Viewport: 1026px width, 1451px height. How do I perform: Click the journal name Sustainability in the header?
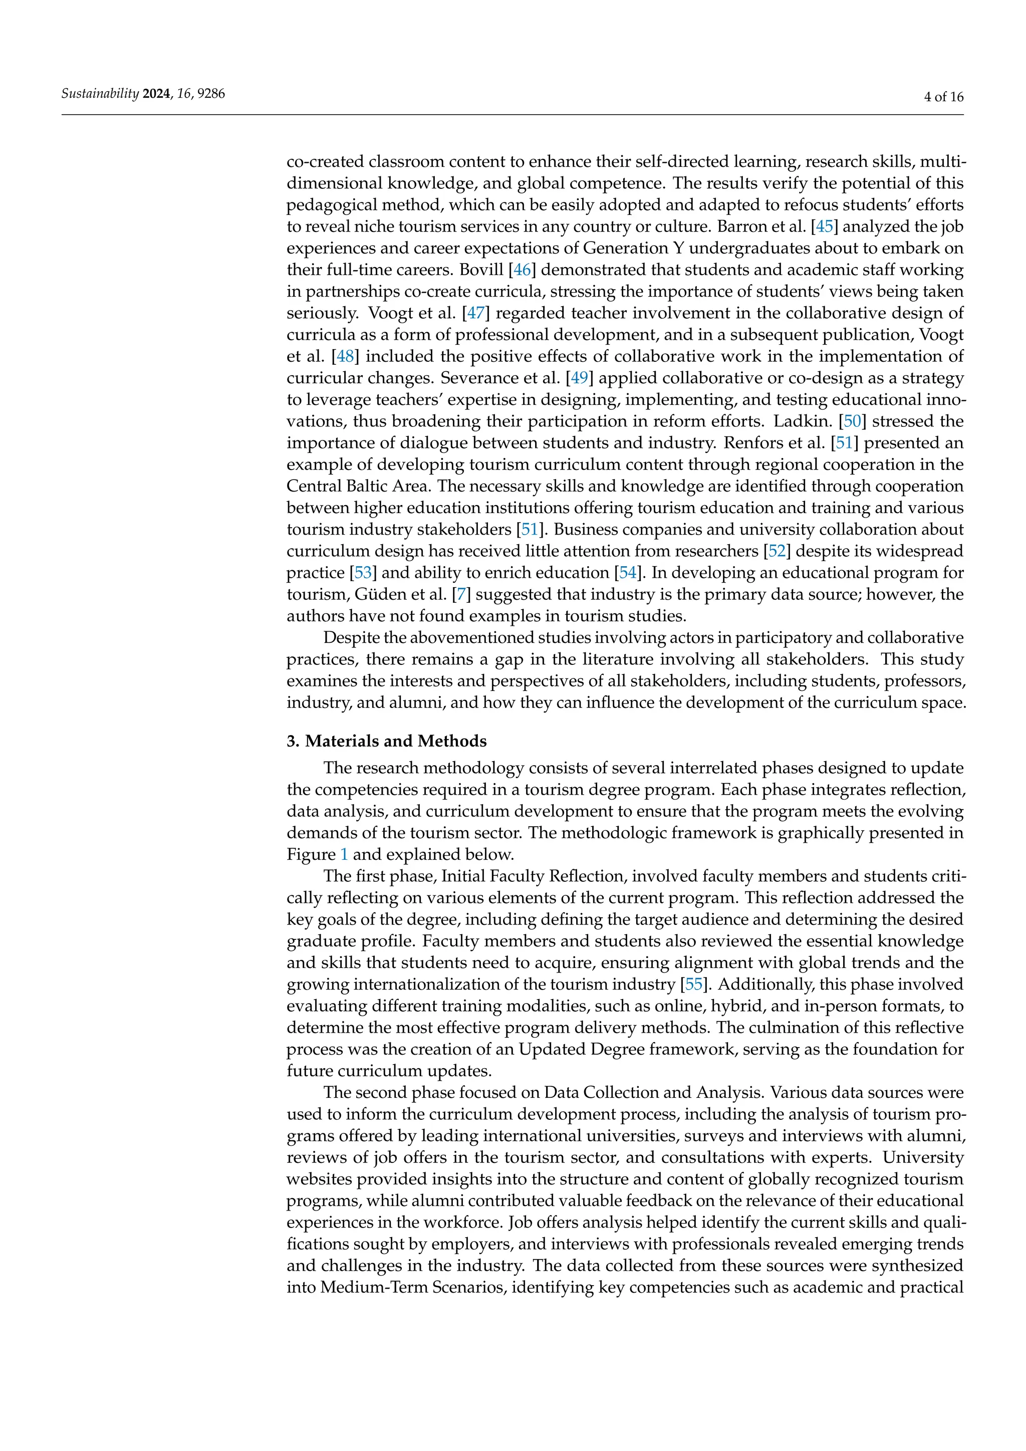[x=100, y=94]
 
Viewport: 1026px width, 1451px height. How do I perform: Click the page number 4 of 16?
[x=943, y=97]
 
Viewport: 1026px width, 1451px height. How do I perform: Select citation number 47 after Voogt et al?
[x=475, y=313]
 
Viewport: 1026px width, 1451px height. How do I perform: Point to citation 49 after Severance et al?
[x=579, y=378]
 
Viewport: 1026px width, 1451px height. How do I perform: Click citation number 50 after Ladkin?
[x=852, y=421]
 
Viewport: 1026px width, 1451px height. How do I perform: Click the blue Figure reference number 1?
[x=344, y=854]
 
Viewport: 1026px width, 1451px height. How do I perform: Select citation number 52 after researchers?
[x=777, y=551]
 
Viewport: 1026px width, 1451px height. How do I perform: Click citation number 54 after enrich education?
[x=627, y=573]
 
